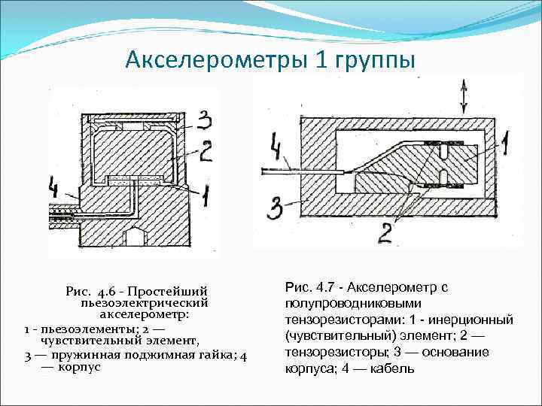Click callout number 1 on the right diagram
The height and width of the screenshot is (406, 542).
click(x=506, y=140)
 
